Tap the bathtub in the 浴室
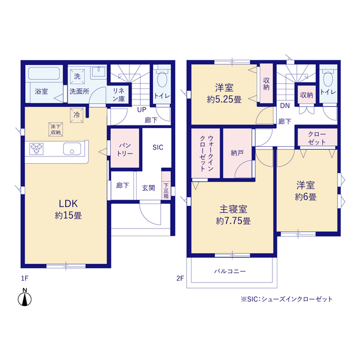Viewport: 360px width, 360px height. pos(44,73)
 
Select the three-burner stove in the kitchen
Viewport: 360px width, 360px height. pos(36,148)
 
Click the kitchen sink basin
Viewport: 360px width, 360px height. pos(72,148)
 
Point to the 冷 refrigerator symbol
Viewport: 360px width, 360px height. pos(76,115)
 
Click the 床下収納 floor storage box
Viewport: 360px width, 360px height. pos(56,129)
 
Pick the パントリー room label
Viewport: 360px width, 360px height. pos(125,150)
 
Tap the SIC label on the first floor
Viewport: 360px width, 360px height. pos(158,147)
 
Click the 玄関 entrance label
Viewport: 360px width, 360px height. pos(148,188)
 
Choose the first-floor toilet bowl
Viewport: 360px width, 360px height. pos(162,79)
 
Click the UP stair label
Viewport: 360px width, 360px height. pos(142,110)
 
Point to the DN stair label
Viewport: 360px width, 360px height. pos(285,106)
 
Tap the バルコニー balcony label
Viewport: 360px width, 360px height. pos(230,271)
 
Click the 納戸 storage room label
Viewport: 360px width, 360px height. pos(237,153)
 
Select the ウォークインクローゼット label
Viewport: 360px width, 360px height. pos(206,154)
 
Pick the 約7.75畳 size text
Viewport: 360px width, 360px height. pos(233,221)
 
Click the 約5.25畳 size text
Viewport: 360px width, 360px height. pos(224,100)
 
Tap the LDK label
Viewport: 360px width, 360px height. pos(68,204)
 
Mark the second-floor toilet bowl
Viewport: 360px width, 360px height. pos(328,79)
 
